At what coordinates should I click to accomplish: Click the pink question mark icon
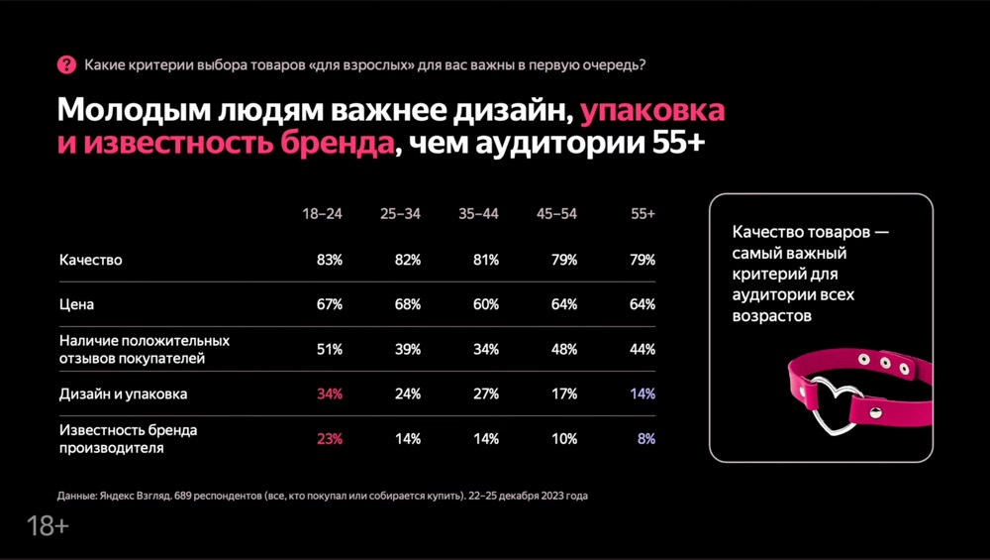click(x=66, y=64)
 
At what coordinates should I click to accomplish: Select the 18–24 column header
click(x=322, y=214)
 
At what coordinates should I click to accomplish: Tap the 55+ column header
click(x=643, y=214)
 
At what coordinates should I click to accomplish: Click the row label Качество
click(x=91, y=260)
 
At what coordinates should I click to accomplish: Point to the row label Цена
click(x=76, y=304)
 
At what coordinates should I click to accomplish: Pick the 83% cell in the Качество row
click(x=330, y=260)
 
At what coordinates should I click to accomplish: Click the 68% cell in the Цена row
click(x=408, y=304)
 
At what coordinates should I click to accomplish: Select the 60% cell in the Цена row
click(x=486, y=304)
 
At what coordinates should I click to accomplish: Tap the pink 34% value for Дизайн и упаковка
click(x=330, y=393)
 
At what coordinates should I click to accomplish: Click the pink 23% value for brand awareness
click(x=330, y=439)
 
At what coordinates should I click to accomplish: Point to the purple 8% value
click(x=646, y=439)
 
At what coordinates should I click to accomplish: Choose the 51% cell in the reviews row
click(x=330, y=349)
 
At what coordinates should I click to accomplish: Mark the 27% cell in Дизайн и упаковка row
click(x=486, y=393)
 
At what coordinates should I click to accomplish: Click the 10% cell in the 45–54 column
click(x=564, y=439)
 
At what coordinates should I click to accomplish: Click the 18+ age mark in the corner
click(x=48, y=526)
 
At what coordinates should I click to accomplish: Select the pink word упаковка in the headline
click(x=652, y=111)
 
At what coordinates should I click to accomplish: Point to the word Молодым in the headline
click(x=134, y=111)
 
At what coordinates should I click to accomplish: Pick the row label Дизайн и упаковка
click(x=123, y=393)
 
